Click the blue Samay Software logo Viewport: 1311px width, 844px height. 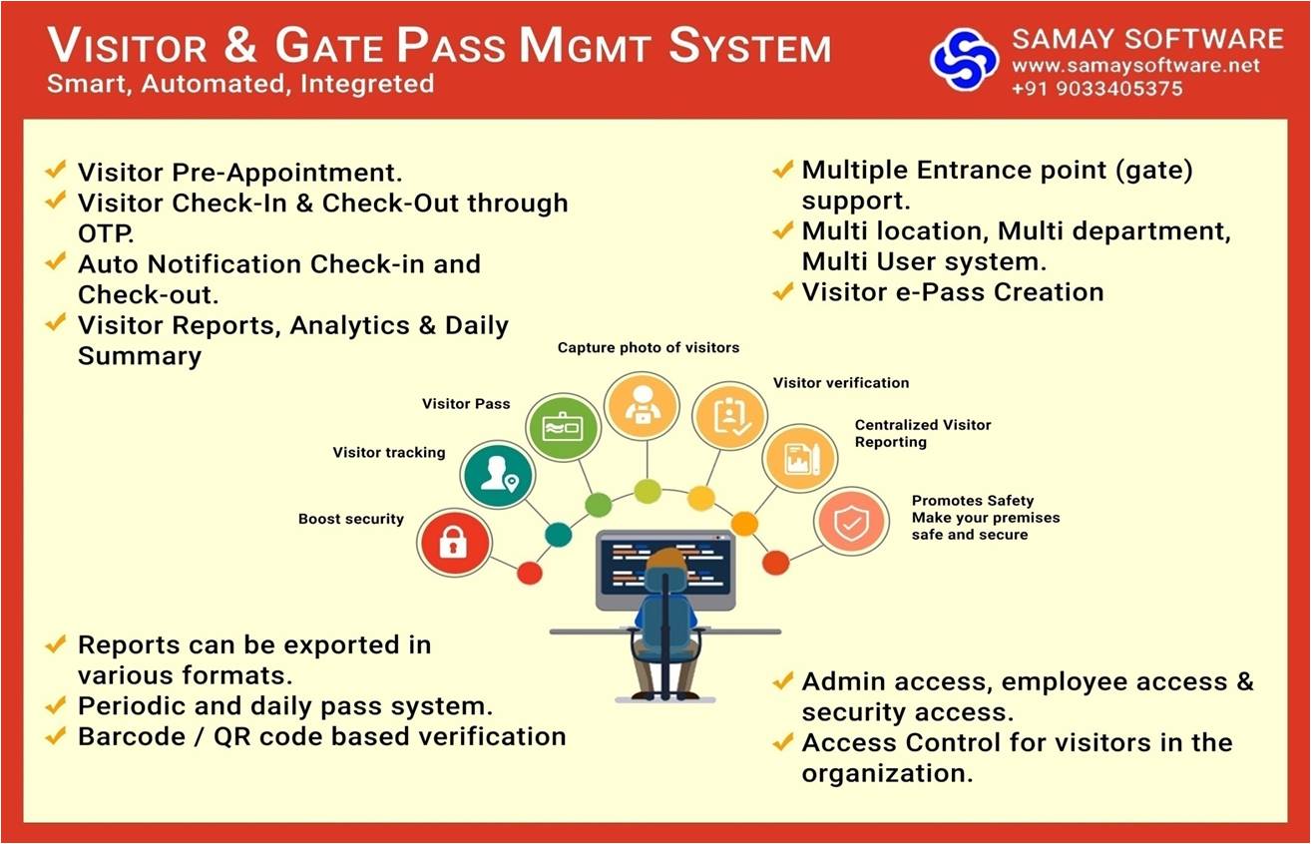[x=964, y=60]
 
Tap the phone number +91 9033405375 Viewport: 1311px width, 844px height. [x=1097, y=89]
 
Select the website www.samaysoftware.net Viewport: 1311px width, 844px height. [x=1135, y=65]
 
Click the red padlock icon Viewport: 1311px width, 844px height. [x=454, y=543]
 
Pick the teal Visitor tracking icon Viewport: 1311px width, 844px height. [x=498, y=474]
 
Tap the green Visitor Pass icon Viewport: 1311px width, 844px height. [x=563, y=427]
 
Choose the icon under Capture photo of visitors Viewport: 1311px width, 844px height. [x=643, y=405]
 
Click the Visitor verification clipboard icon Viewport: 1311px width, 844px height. [x=729, y=416]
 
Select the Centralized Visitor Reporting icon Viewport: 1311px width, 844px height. [x=800, y=458]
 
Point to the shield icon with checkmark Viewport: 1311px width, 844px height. [x=852, y=521]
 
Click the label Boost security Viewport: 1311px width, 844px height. [x=351, y=519]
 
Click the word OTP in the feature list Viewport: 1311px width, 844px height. [x=106, y=234]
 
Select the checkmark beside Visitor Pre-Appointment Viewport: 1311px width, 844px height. [x=56, y=170]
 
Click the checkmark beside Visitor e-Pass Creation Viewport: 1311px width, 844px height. [x=783, y=291]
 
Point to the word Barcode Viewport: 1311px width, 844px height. [x=132, y=737]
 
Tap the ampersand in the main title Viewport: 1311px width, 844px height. [x=240, y=45]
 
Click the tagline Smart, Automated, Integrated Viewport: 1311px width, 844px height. [x=240, y=84]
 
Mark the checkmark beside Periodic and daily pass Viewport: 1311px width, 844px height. [x=56, y=705]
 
